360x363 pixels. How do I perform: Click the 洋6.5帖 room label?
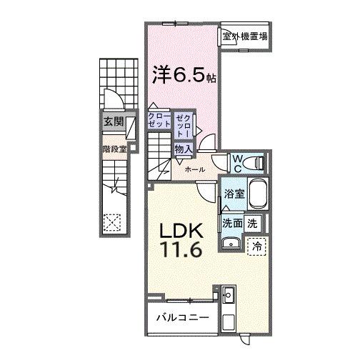[x=181, y=74]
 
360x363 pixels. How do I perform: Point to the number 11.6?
[x=183, y=251]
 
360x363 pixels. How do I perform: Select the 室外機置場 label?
[x=245, y=36]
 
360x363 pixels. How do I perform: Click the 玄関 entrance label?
[x=113, y=123]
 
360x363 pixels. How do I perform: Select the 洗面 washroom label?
[x=231, y=223]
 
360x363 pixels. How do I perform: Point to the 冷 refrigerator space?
[x=256, y=245]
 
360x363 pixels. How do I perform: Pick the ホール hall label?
[x=195, y=170]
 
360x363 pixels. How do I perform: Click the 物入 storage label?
[x=183, y=149]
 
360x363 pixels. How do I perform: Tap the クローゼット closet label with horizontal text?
[x=159, y=120]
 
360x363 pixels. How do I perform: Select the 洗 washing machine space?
[x=253, y=223]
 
